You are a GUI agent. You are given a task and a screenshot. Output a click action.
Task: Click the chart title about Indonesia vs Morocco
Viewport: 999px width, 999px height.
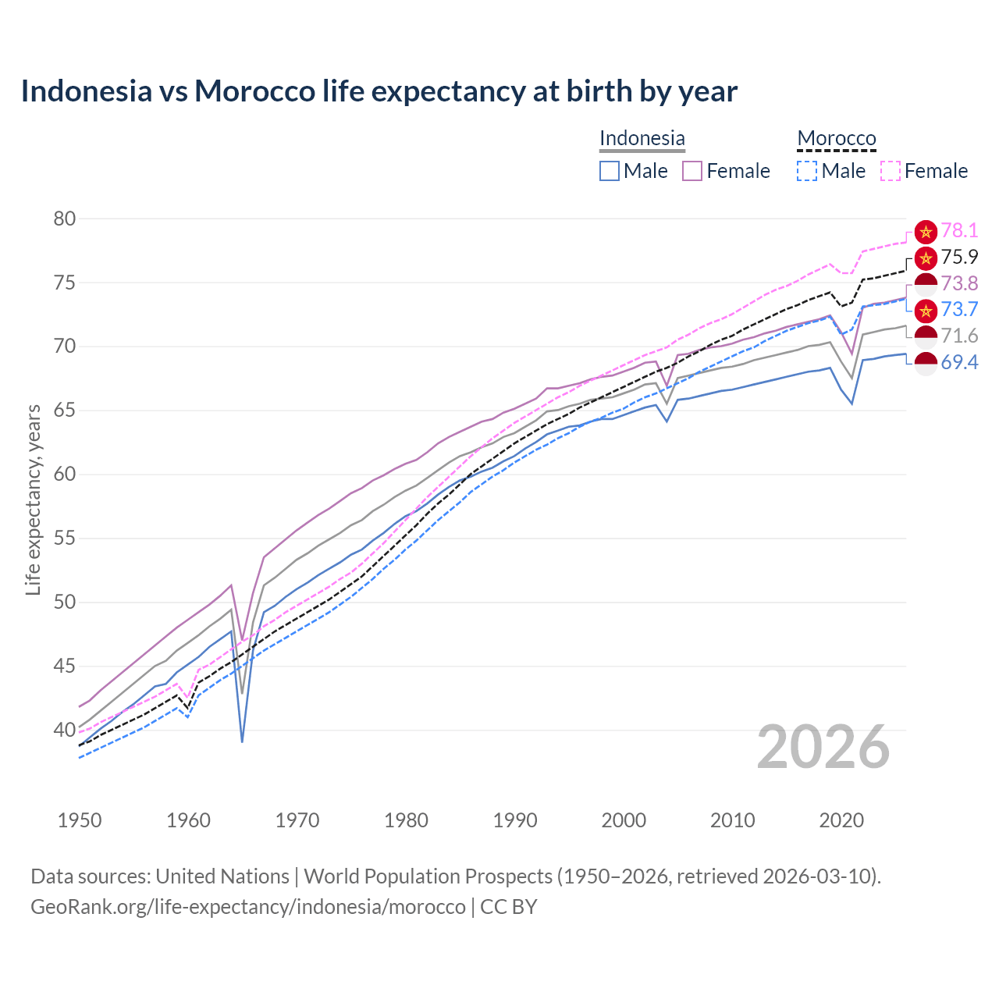(x=379, y=91)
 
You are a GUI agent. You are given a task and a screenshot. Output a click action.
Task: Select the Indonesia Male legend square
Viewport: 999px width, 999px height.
(x=610, y=171)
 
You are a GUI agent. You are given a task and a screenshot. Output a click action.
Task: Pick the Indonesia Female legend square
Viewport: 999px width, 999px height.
(x=692, y=171)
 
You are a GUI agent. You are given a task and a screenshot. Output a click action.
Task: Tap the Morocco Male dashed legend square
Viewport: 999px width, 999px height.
(x=807, y=171)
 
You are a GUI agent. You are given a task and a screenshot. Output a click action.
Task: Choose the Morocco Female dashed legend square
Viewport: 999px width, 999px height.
(x=891, y=171)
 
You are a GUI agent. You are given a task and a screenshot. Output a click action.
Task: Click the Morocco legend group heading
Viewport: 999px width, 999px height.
(x=837, y=138)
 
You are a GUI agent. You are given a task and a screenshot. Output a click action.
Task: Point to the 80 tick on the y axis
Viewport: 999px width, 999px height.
(x=65, y=219)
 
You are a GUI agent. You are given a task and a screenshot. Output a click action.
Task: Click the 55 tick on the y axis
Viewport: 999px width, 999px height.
(x=65, y=539)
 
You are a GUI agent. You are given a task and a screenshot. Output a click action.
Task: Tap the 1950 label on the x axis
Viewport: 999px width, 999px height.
(x=80, y=820)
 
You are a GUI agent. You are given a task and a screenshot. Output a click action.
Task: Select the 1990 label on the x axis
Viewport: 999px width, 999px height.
(x=515, y=820)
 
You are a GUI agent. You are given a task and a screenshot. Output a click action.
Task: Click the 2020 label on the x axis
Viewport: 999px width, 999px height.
(x=841, y=820)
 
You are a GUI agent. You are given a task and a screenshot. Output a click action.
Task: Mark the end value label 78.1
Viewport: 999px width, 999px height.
(x=959, y=230)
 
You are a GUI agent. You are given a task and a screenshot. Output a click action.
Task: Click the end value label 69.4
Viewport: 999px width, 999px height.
(x=959, y=362)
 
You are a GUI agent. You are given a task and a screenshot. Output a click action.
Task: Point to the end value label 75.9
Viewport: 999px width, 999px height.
(x=959, y=257)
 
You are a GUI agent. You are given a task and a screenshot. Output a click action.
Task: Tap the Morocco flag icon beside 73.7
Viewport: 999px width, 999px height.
(x=926, y=311)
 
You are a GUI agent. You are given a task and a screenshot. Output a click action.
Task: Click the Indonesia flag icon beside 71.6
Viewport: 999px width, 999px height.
(x=926, y=337)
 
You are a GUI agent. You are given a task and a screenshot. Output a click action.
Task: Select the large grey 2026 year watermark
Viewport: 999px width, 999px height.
(x=823, y=747)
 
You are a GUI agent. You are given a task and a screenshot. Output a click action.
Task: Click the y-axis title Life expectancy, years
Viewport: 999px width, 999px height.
(x=33, y=499)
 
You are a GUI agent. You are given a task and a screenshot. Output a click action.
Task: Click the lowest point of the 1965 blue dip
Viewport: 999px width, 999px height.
(x=243, y=741)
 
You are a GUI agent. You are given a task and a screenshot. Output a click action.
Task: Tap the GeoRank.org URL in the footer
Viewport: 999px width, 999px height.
(x=247, y=907)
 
